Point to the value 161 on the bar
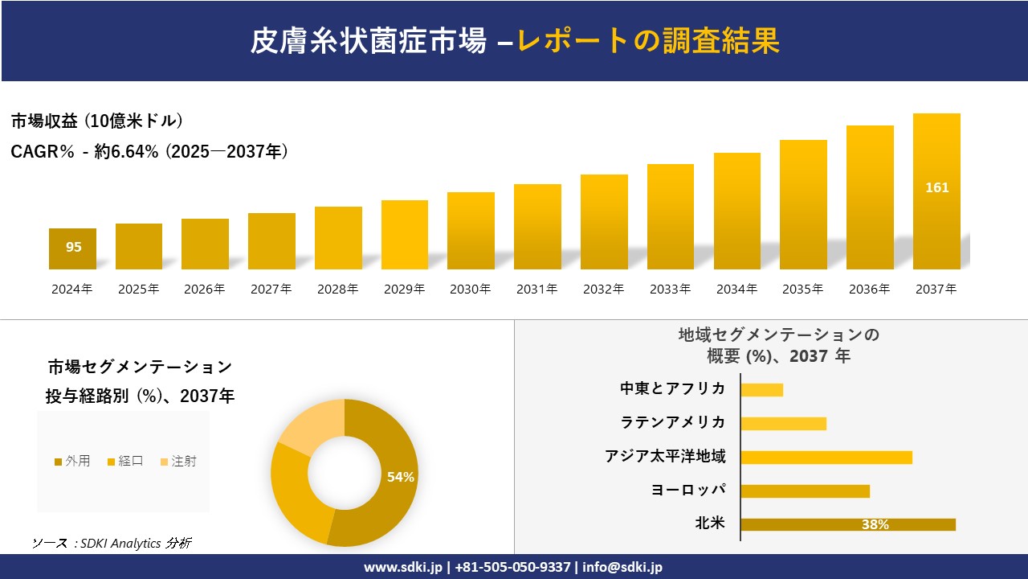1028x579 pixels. [936, 187]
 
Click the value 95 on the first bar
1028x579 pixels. [73, 247]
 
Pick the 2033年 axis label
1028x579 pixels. [670, 289]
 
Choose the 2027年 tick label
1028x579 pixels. [271, 289]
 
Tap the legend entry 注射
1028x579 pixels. [178, 461]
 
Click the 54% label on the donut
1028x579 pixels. [400, 477]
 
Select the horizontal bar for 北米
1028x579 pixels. [847, 524]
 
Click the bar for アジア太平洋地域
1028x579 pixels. [826, 457]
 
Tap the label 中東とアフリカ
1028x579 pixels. [672, 388]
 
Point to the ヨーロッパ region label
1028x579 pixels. [688, 490]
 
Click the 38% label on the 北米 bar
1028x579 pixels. [875, 524]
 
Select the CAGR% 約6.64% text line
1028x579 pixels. [149, 151]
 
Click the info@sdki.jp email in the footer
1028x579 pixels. [622, 567]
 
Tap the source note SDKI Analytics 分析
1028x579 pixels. [112, 543]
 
